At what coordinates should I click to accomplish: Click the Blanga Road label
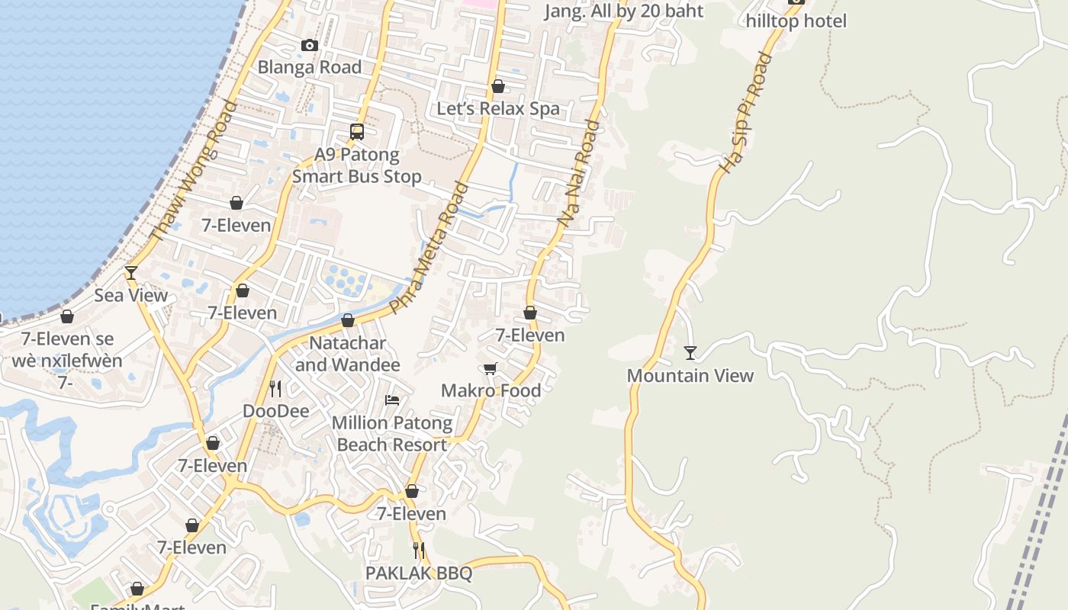(309, 67)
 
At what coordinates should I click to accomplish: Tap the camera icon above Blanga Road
(309, 46)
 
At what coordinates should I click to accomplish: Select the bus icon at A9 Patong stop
(357, 131)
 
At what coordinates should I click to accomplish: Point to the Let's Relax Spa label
(497, 108)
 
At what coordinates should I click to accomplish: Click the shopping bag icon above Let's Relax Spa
(498, 87)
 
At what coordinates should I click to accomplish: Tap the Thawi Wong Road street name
(195, 172)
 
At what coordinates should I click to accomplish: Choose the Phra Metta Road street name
(429, 247)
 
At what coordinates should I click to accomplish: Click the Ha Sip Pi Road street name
(747, 112)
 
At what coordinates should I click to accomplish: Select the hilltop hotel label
(796, 21)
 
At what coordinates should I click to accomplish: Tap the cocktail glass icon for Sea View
(131, 272)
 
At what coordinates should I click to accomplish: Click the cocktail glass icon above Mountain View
(690, 352)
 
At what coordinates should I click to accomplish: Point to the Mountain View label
(690, 375)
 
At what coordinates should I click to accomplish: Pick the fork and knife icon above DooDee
(275, 389)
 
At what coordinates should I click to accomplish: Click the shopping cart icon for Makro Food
(491, 369)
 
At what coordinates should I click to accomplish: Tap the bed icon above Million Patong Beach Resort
(392, 400)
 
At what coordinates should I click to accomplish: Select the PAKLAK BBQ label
(418, 573)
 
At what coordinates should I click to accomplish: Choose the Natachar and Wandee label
(347, 354)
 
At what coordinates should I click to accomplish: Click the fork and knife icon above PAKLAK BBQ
(418, 550)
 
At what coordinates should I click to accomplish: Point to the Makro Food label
(492, 390)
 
